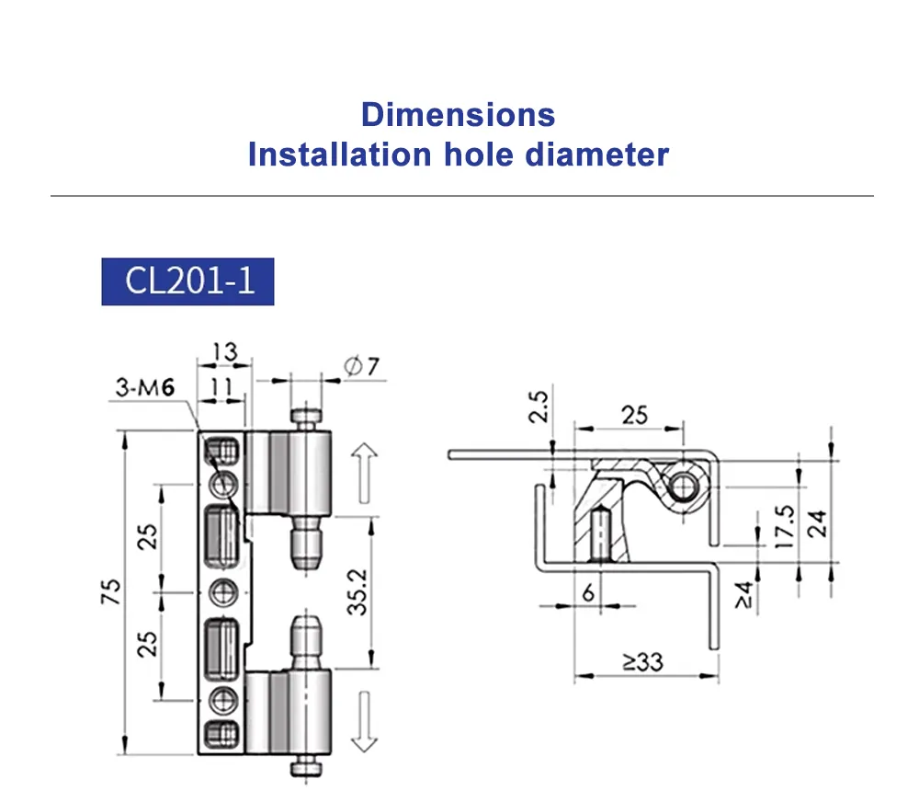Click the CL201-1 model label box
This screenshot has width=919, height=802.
[188, 281]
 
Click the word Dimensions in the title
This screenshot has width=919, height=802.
[458, 115]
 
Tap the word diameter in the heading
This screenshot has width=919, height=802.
[596, 154]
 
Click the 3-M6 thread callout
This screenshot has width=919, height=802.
[145, 387]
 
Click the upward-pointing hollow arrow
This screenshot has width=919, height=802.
[364, 471]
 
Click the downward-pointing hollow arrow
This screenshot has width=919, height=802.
[364, 719]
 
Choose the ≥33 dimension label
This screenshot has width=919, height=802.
[640, 660]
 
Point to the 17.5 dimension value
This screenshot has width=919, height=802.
[784, 526]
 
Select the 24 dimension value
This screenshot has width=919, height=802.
[817, 522]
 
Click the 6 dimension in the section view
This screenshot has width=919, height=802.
[587, 594]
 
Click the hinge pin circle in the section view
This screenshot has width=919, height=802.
[684, 485]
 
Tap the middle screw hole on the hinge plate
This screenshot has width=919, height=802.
[221, 590]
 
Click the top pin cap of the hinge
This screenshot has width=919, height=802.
[308, 419]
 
